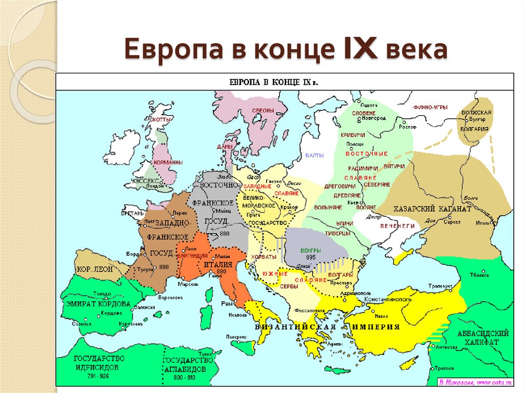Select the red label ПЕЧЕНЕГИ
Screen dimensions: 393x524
click(x=397, y=225)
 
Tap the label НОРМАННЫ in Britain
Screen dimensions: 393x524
click(x=168, y=162)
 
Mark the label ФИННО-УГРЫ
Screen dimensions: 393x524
click(x=430, y=107)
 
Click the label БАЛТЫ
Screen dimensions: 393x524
click(x=311, y=154)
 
